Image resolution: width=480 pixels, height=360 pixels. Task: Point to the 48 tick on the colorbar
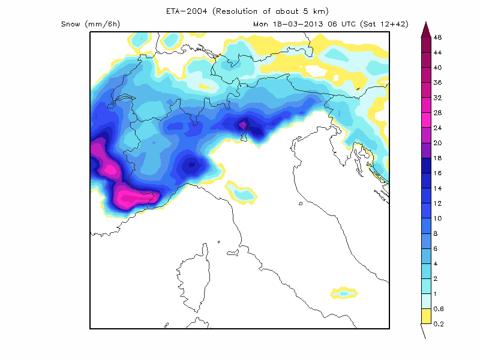click(x=437, y=37)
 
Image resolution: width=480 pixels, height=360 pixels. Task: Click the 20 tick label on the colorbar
click(x=437, y=142)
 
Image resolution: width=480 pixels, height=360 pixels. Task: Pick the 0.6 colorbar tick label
click(x=437, y=308)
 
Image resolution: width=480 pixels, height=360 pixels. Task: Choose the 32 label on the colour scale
click(x=437, y=97)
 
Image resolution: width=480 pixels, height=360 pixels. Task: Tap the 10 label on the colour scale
click(x=437, y=218)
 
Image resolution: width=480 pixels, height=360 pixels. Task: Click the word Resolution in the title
click(x=242, y=11)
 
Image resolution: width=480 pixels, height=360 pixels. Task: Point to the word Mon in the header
click(x=260, y=25)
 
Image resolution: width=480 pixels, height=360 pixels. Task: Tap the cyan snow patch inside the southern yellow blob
click(x=343, y=293)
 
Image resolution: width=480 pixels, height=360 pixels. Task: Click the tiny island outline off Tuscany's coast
click(x=300, y=203)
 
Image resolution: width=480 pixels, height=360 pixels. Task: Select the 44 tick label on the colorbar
click(x=437, y=52)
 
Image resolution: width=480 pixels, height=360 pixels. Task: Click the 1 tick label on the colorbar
click(x=437, y=293)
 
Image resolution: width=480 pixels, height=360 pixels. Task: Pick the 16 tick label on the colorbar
click(x=437, y=173)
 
